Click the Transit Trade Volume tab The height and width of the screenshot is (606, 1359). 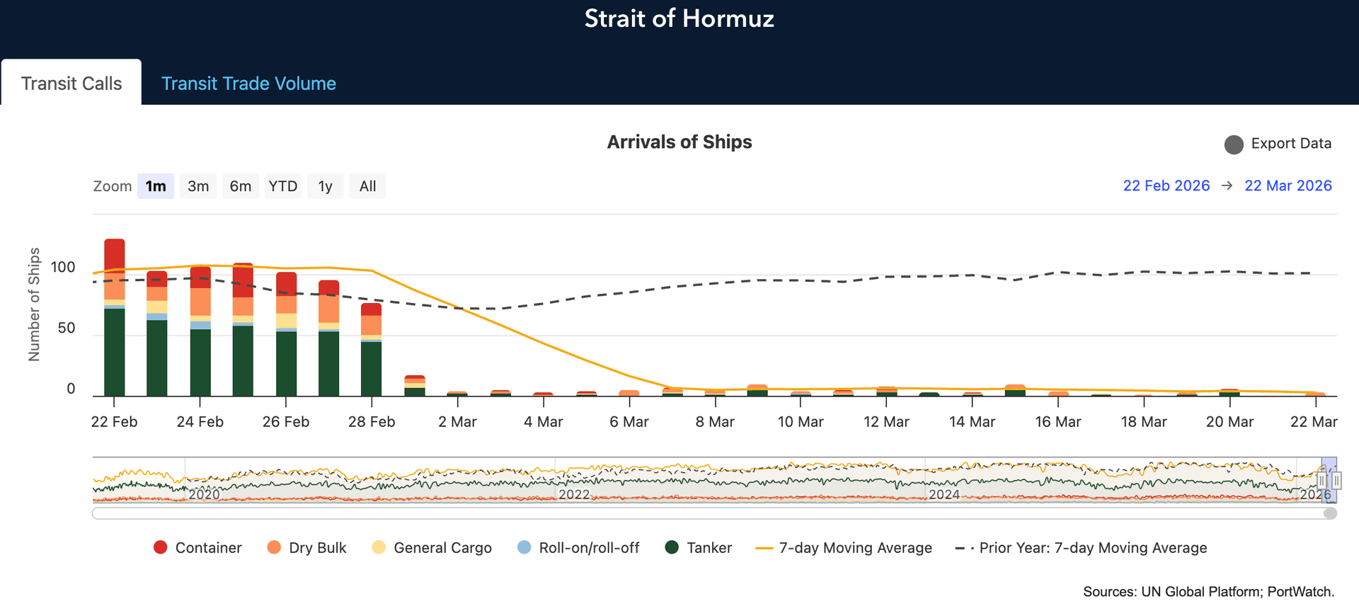pos(248,84)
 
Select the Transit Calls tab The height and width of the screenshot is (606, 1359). pos(71,84)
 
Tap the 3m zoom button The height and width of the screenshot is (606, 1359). pos(198,186)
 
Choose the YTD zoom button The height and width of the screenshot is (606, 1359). pos(282,186)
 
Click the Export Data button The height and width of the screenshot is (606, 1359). pos(1278,144)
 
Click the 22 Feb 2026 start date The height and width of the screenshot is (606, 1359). pos(1166,185)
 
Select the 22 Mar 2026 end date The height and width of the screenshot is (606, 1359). pos(1288,185)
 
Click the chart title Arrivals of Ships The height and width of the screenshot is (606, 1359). pos(679,142)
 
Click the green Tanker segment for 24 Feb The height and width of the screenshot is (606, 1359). pos(200,361)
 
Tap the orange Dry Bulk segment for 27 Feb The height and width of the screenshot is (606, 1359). pos(328,309)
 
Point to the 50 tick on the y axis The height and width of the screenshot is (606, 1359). pos(66,328)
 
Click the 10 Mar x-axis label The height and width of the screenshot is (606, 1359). pos(800,422)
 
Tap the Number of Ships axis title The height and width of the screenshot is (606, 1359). pos(34,304)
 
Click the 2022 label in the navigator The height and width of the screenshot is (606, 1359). pos(574,494)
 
